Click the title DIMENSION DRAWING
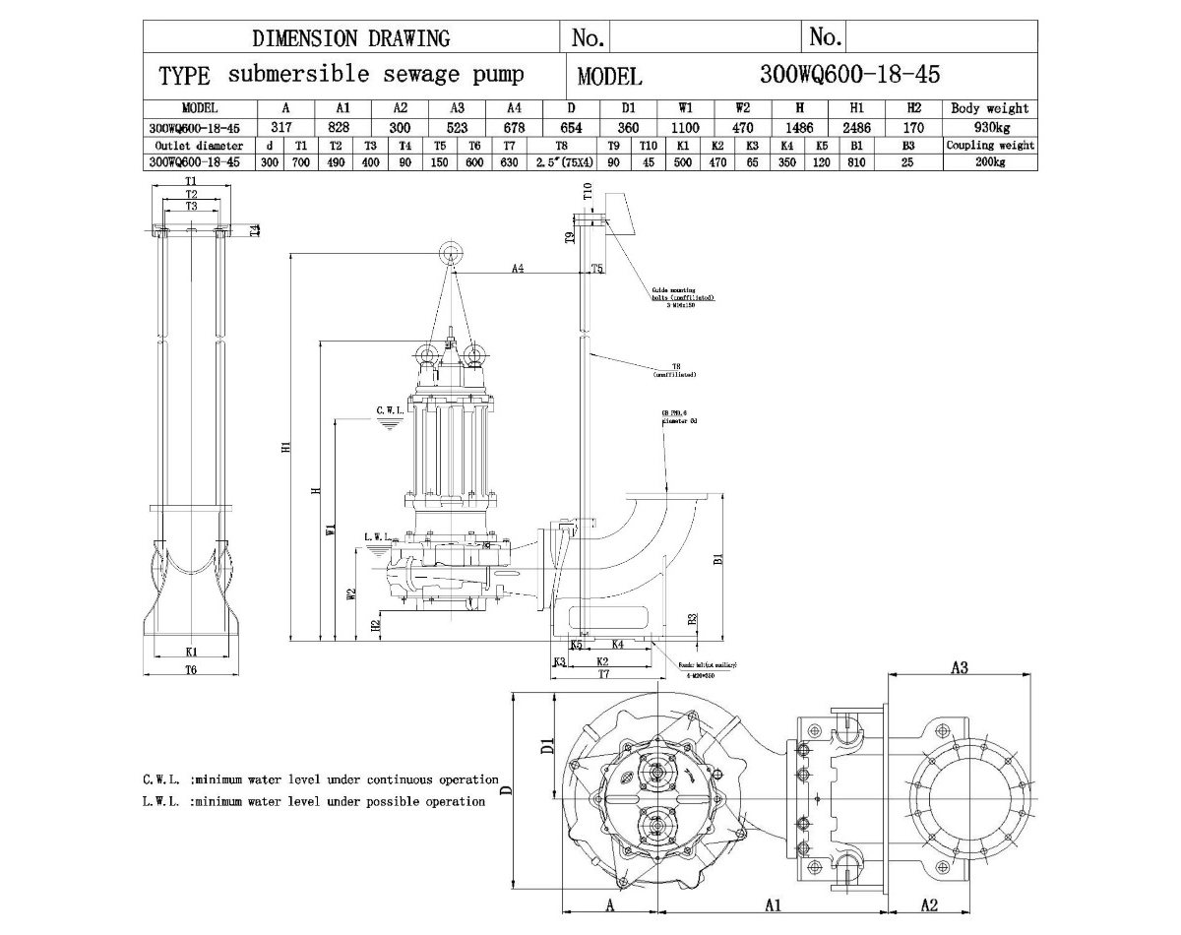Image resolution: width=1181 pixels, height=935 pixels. tap(351, 38)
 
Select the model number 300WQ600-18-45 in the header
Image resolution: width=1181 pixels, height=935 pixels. tap(850, 75)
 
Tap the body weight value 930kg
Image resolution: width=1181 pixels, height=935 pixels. tap(990, 127)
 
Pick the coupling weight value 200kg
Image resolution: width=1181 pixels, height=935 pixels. tap(990, 162)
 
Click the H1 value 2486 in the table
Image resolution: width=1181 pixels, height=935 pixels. tap(857, 127)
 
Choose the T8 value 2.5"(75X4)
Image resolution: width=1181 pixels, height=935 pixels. tap(563, 162)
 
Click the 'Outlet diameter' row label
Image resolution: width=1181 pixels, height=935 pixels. tap(193, 146)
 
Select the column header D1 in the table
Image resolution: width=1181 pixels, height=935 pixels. tap(628, 108)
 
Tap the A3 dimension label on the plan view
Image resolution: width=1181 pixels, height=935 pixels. tap(959, 667)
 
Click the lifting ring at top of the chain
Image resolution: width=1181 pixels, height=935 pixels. tap(451, 252)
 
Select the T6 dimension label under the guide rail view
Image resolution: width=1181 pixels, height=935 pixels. tap(191, 668)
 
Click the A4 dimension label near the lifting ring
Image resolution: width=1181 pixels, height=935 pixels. tap(517, 267)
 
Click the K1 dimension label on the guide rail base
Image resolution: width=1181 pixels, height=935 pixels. tap(192, 651)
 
